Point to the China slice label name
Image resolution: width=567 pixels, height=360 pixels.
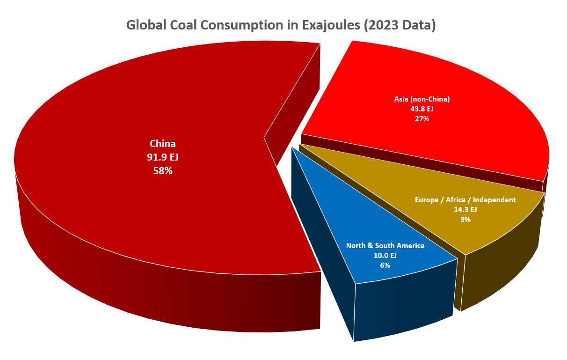(x=162, y=144)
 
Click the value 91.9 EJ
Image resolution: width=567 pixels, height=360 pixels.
(x=162, y=157)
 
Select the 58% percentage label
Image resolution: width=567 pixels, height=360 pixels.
(x=162, y=171)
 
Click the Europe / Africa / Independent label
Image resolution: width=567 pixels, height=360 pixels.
(x=465, y=199)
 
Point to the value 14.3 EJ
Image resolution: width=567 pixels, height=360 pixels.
(x=465, y=209)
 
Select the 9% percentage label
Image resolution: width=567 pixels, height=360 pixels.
(x=465, y=219)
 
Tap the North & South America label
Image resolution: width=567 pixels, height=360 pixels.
(x=385, y=245)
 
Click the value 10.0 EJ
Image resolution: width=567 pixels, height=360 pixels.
(x=385, y=255)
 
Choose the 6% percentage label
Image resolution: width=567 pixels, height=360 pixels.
(x=385, y=265)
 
